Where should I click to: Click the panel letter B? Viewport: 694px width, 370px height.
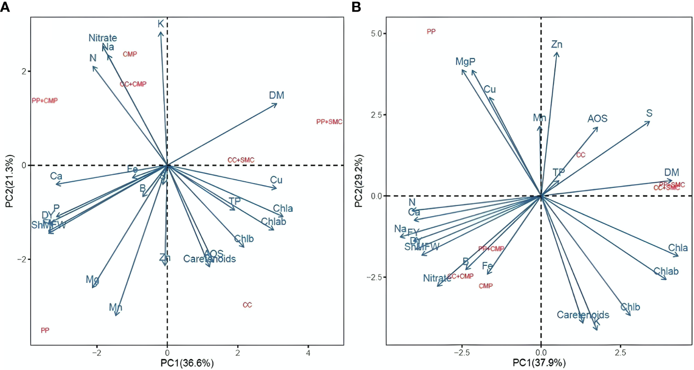(356, 7)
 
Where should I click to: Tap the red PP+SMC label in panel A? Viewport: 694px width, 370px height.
(329, 122)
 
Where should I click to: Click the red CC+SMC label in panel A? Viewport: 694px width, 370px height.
(241, 160)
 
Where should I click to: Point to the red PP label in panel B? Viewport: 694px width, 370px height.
(431, 32)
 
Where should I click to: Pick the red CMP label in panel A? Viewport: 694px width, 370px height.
(130, 54)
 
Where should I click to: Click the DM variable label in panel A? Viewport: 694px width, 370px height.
(276, 96)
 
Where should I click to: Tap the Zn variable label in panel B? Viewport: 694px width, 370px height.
(557, 45)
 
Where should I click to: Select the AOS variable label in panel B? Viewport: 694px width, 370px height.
(597, 119)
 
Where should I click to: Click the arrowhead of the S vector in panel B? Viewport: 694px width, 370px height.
(650, 122)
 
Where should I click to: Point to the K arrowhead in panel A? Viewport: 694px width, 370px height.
(160, 32)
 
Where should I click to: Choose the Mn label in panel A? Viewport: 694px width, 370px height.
(115, 308)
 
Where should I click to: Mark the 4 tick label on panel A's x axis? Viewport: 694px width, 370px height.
(308, 351)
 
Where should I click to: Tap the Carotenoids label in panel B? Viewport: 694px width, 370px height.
(583, 315)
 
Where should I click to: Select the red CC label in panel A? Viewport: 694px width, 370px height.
(247, 305)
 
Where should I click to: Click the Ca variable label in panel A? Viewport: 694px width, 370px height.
(56, 176)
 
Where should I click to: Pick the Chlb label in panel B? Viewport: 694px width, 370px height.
(630, 307)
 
